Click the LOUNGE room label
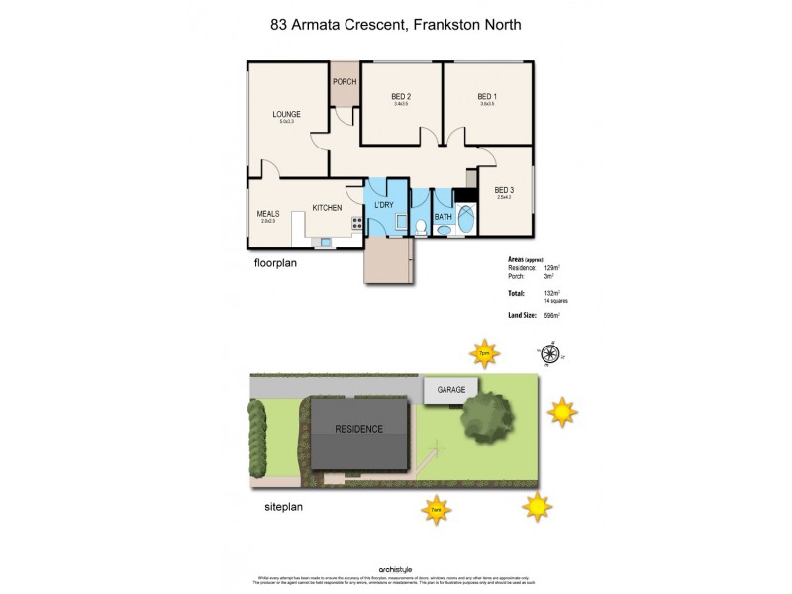tap(287, 114)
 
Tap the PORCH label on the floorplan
tap(345, 82)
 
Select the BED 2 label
tap(401, 96)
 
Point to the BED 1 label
tap(486, 96)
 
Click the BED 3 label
tap(504, 190)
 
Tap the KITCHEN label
tap(327, 208)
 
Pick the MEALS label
tap(268, 213)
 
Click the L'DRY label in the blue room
tap(384, 205)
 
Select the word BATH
tap(444, 216)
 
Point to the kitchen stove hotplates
tap(349, 229)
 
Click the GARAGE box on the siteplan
tap(451, 390)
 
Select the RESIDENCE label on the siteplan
tap(357, 429)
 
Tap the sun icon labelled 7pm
tap(484, 351)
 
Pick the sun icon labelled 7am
tap(435, 510)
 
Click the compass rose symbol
tap(550, 351)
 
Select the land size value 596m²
tap(551, 315)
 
